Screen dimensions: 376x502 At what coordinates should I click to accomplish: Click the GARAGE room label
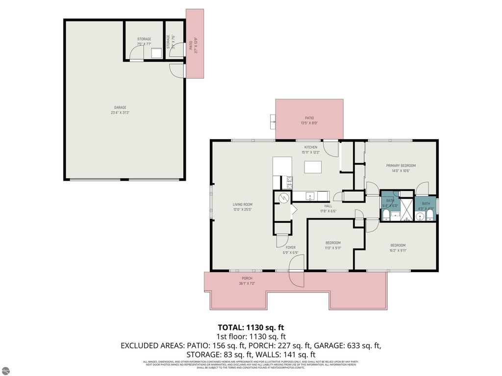coord(120,108)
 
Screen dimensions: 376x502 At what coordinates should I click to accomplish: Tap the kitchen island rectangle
coord(312,167)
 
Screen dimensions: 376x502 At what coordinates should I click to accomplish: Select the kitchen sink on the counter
coord(310,196)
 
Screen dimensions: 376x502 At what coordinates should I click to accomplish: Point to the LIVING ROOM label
coord(242,205)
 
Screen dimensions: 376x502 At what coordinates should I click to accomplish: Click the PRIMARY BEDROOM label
coord(401,165)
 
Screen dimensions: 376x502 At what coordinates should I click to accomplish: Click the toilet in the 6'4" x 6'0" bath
coord(386,216)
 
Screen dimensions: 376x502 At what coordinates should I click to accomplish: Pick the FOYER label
coord(291,247)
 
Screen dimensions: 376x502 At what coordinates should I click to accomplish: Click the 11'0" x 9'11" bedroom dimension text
coord(332,248)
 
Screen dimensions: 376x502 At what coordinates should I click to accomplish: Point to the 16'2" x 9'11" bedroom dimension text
coord(398,251)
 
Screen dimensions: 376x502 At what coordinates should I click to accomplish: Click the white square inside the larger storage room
coord(156,53)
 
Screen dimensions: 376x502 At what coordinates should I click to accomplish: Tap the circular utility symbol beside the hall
coord(282,198)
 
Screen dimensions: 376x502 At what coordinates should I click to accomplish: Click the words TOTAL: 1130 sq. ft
coord(251,327)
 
